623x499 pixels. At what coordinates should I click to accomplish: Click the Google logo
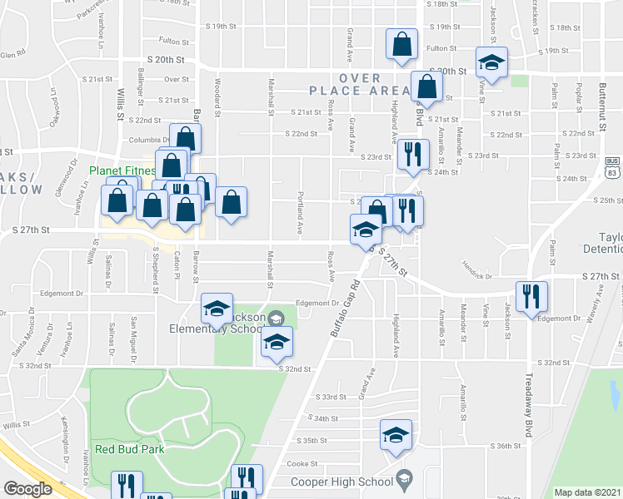click(27, 489)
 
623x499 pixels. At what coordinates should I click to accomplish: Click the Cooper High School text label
click(341, 482)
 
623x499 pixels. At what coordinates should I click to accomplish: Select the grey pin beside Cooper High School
click(404, 479)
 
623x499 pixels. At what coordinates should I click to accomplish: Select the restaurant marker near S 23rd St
click(412, 154)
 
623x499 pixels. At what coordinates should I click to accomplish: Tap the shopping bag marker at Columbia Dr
click(185, 137)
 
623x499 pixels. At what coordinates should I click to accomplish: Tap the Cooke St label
click(302, 463)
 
